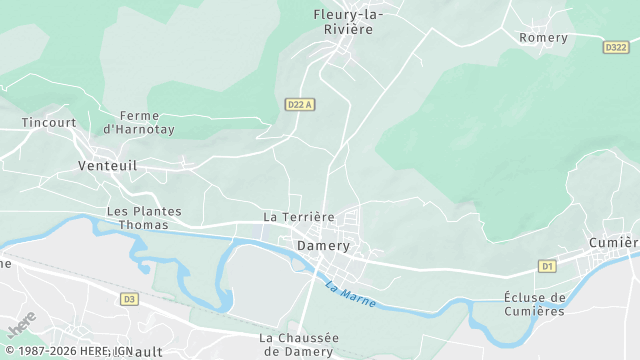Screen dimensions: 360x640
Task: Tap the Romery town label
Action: click(x=543, y=38)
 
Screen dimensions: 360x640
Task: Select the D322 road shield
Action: click(x=616, y=47)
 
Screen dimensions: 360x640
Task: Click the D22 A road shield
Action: click(x=299, y=104)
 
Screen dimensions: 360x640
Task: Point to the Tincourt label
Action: click(x=49, y=123)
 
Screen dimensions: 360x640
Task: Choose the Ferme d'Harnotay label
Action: click(x=139, y=123)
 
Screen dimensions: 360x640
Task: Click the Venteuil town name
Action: click(x=107, y=166)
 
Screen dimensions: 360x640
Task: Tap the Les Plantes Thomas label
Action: click(x=144, y=218)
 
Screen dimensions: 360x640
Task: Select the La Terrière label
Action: click(x=298, y=217)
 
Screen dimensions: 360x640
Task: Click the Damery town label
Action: click(x=323, y=245)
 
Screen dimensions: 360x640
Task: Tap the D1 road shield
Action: click(x=546, y=266)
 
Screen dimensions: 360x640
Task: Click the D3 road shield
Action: click(x=128, y=298)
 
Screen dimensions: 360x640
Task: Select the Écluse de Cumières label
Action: click(x=535, y=304)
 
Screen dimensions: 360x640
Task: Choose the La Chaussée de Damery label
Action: click(x=299, y=344)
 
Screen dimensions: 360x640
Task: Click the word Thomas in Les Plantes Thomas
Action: click(x=144, y=225)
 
